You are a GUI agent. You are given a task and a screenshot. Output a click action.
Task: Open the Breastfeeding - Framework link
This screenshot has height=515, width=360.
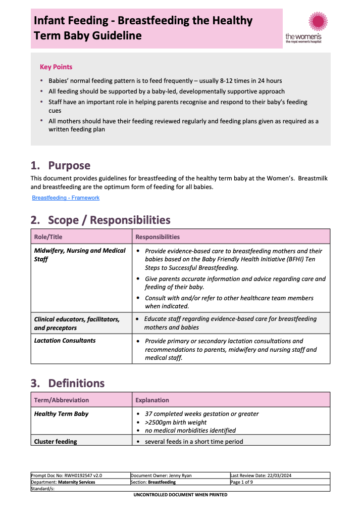pos(66,198)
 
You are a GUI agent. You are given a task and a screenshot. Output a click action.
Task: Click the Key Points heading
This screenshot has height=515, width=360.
pos(56,67)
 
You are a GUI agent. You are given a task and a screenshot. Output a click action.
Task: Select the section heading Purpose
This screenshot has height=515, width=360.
pos(69,166)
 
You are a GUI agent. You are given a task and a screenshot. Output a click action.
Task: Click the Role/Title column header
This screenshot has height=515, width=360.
pos(48,237)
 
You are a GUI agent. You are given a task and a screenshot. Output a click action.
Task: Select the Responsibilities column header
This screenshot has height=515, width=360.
pos(158,237)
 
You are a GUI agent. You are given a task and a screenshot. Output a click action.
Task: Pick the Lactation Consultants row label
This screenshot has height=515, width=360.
pos(65,341)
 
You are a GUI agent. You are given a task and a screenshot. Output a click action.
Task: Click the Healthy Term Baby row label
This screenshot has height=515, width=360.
pos(61,414)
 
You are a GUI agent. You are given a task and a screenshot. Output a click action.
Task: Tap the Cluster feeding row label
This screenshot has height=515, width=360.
pos(56,442)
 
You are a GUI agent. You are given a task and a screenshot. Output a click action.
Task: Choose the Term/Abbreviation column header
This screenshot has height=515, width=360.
pos(61,400)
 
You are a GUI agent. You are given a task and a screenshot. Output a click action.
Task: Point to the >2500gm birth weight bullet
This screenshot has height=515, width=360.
pos(176,423)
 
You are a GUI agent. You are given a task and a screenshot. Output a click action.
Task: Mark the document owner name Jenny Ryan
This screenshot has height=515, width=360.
pos(180,476)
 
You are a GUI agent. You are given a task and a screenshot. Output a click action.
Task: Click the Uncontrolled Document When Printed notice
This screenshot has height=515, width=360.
pos(180,495)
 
